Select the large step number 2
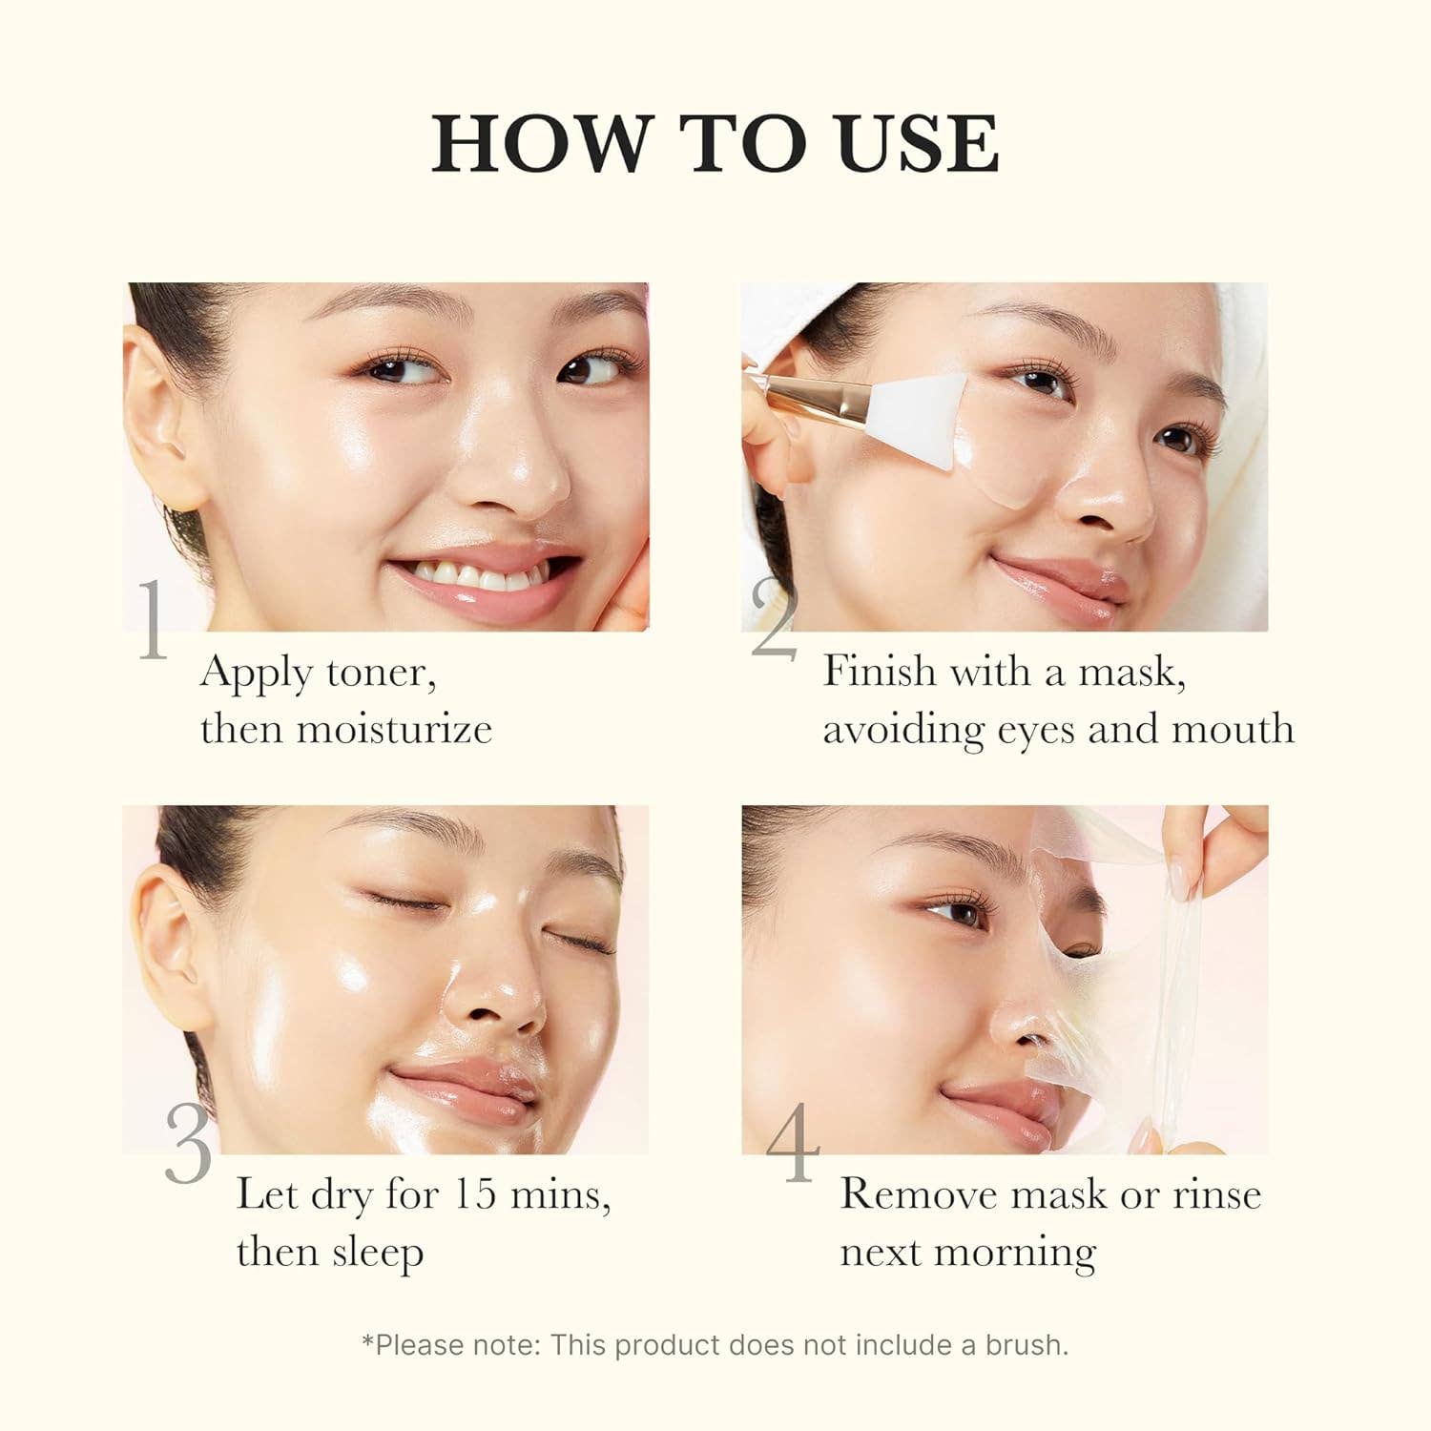tap(773, 620)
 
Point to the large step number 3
tap(188, 1145)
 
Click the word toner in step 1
tap(381, 674)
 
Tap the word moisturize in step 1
tap(394, 730)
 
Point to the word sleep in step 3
tap(377, 1254)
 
